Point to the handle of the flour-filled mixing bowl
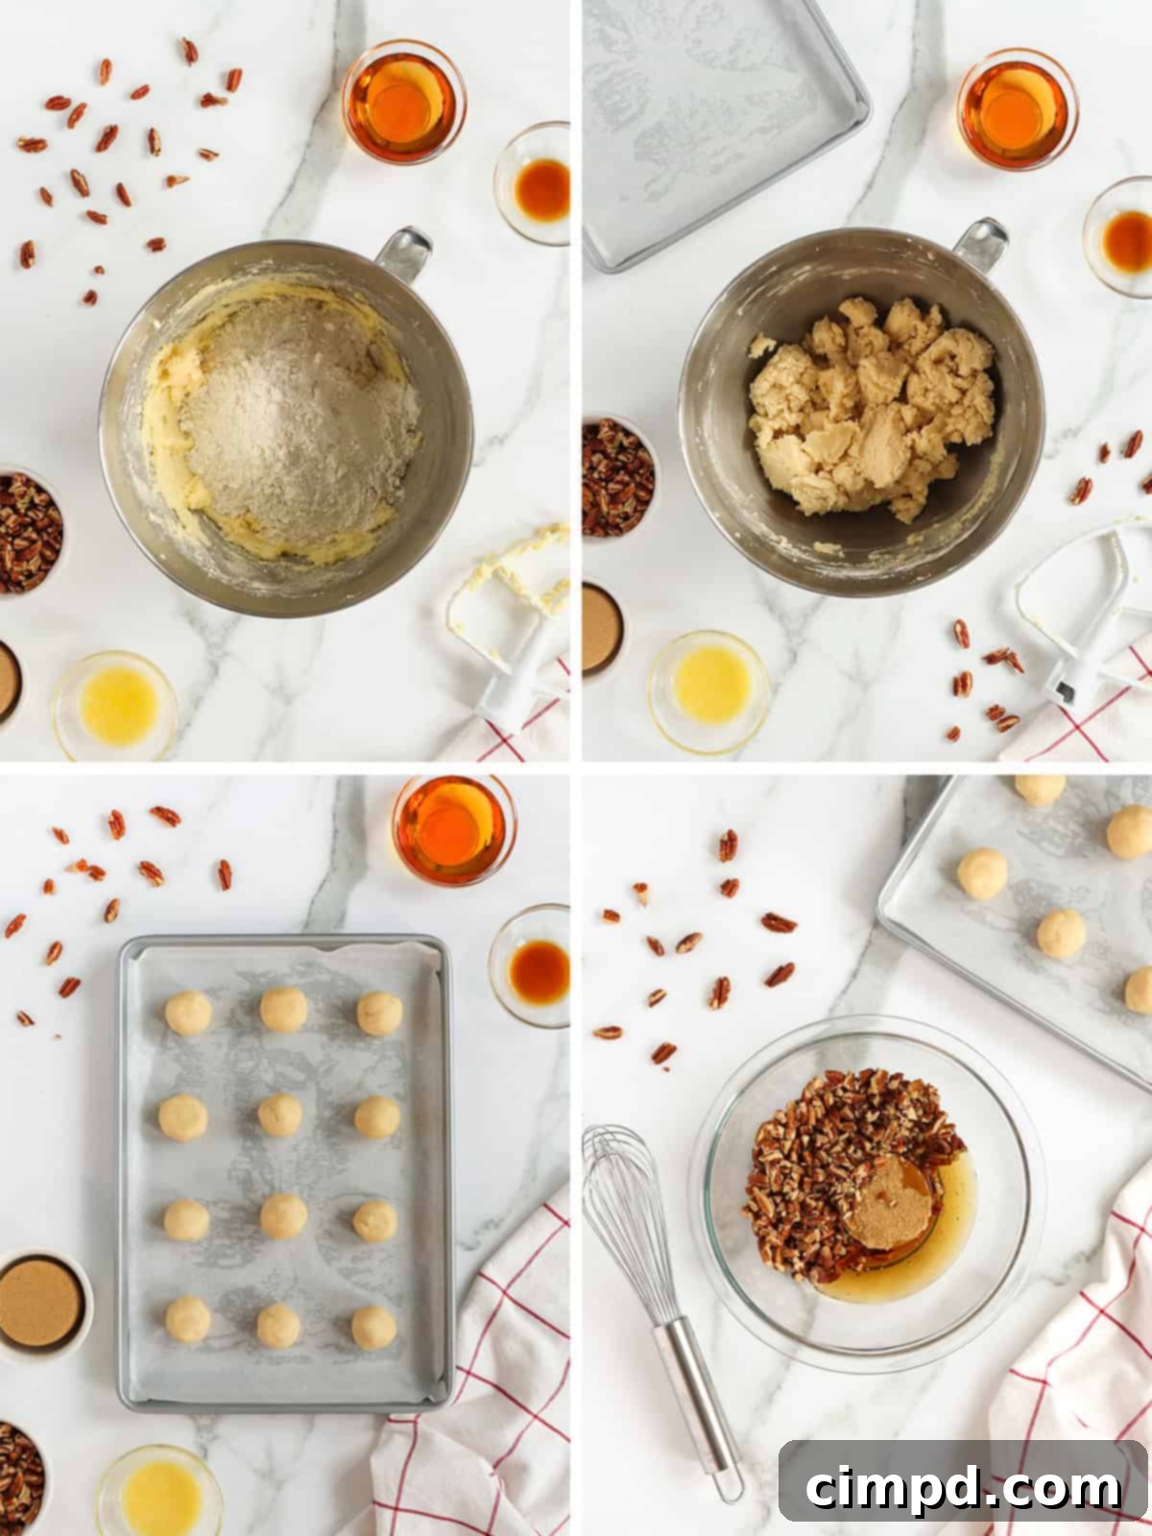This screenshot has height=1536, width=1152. coord(403,252)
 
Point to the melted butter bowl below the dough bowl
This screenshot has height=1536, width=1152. coord(709,685)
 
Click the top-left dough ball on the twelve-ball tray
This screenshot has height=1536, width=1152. coord(188,1013)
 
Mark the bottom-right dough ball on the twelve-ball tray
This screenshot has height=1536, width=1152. coord(374,1328)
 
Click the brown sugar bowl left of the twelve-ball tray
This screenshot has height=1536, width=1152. coord(40,1303)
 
